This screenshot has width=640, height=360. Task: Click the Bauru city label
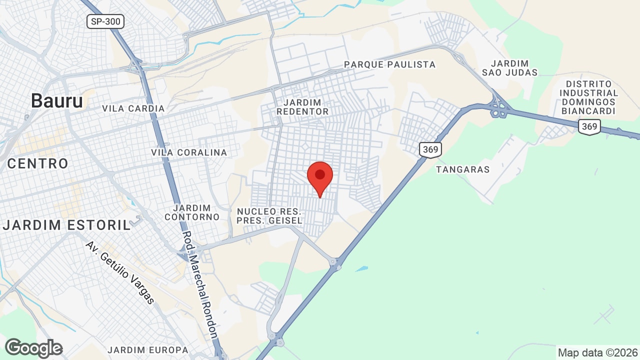(56, 101)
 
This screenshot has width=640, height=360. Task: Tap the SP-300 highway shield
(105, 21)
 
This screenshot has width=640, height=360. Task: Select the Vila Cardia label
(133, 108)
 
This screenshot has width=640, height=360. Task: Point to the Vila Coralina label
(189, 152)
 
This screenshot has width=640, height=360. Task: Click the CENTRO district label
(37, 163)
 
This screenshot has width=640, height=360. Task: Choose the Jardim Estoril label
(66, 225)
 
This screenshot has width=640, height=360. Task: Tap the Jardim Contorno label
(192, 212)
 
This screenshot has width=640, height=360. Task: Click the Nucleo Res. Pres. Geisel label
(269, 216)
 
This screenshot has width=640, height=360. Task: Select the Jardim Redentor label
(302, 107)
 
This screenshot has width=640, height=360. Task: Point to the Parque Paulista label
(390, 64)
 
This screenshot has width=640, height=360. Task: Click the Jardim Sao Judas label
(509, 68)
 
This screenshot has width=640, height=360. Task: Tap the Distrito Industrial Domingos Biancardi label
(588, 97)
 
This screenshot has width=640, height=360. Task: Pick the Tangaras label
(462, 169)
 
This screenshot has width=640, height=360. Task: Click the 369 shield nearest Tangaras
(430, 149)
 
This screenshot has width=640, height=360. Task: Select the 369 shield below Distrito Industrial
(589, 126)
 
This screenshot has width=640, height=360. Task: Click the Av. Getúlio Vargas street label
(120, 272)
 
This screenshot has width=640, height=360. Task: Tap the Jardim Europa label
(148, 350)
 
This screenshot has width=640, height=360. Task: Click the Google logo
(33, 348)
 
